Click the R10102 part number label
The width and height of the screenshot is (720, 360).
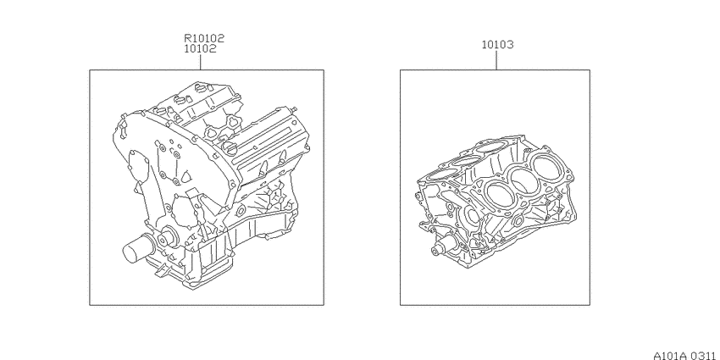[204, 38]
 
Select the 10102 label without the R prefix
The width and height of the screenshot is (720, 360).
[200, 48]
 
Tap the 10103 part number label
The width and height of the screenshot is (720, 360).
[498, 45]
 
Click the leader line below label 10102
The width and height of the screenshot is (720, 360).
[201, 62]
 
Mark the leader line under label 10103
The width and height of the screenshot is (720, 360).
[496, 60]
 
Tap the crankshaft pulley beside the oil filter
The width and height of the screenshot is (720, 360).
[167, 238]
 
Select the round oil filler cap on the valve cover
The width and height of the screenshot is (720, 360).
[230, 148]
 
